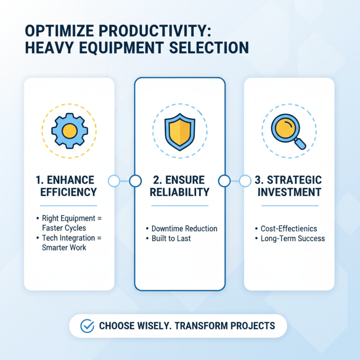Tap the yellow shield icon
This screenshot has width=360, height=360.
coord(180,131)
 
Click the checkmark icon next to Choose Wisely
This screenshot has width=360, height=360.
coord(87,326)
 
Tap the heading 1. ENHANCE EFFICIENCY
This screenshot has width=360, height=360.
coord(68,186)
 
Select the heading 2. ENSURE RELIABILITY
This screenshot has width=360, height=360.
coord(180,186)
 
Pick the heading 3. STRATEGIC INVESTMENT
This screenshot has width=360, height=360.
coord(288,186)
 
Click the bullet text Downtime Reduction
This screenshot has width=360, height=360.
coord(184,229)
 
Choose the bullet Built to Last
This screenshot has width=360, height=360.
coord(171,238)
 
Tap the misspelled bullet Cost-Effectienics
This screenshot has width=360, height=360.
coord(289,229)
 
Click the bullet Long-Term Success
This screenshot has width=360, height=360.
coord(292,238)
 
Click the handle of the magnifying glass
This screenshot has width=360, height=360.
coord(301,144)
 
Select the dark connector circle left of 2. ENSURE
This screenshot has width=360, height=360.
coord(135,181)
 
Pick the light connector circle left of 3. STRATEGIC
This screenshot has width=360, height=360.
coord(245,181)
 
